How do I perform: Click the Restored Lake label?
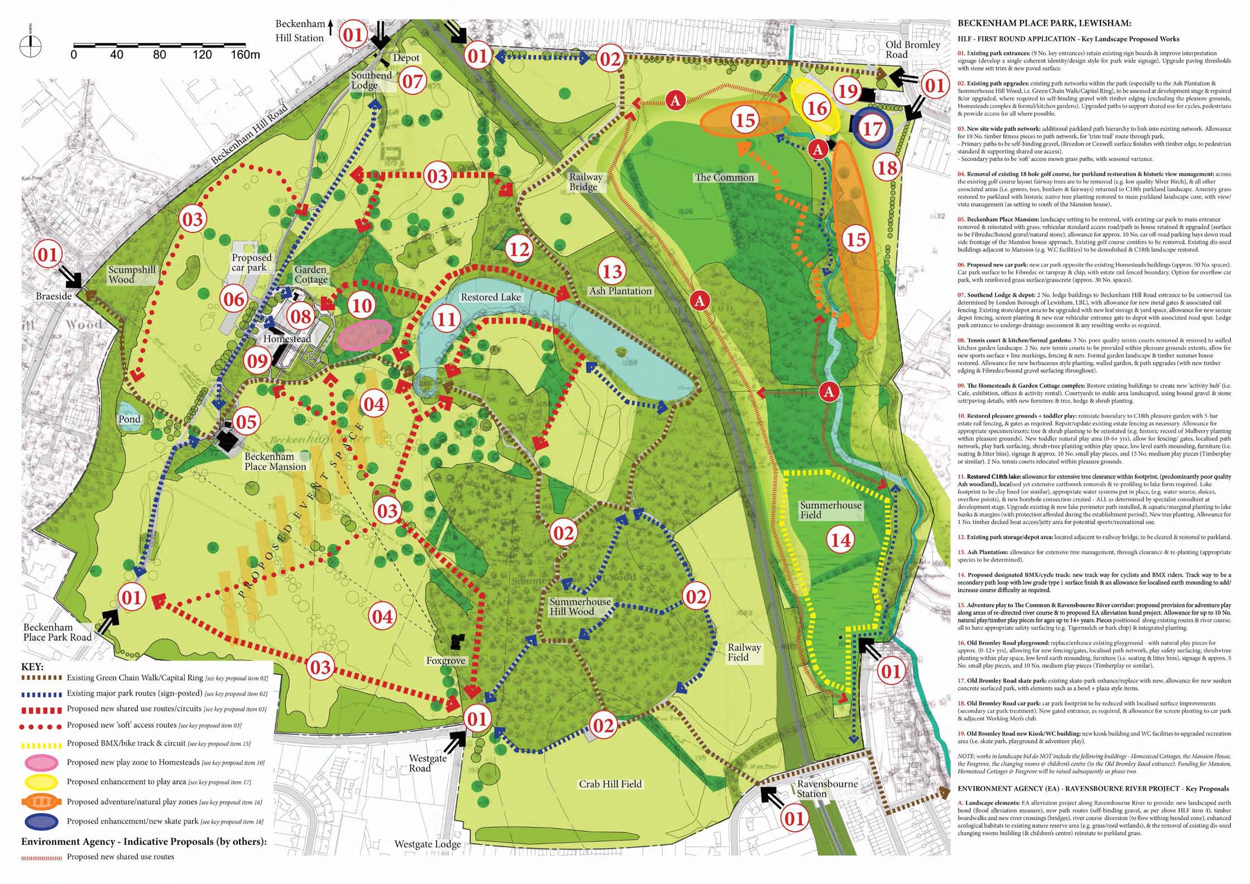[x=490, y=297]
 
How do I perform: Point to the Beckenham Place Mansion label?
[x=275, y=462]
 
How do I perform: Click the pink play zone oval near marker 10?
[x=365, y=335]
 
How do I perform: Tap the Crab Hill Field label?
[x=610, y=784]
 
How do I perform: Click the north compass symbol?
[x=30, y=44]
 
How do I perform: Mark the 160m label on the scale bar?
[x=245, y=55]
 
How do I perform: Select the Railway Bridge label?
[x=585, y=182]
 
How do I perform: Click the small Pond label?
[x=129, y=419]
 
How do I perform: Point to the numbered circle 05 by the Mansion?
[x=246, y=422]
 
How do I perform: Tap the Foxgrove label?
[x=446, y=661]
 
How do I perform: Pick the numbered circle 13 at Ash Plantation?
[x=612, y=272]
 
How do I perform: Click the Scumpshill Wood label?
[x=132, y=274]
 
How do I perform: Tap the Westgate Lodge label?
[x=428, y=844]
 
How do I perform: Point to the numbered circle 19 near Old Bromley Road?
[x=848, y=91]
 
